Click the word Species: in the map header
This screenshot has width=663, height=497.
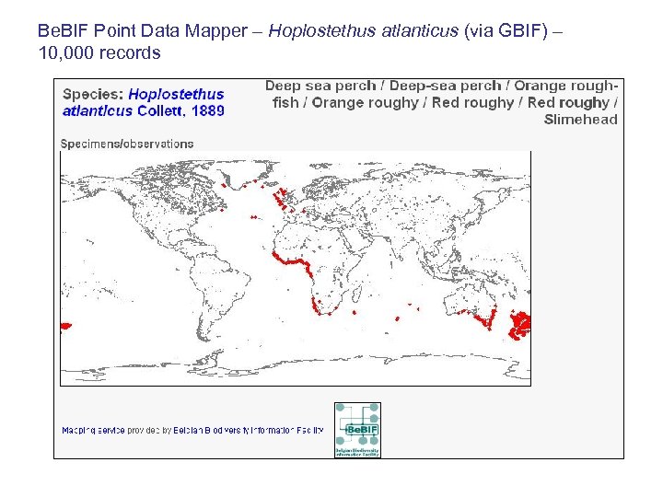[x=92, y=94]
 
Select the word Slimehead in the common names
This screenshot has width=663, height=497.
[x=580, y=120]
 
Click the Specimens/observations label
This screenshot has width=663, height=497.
[x=127, y=144]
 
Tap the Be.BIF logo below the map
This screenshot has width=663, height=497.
[x=357, y=430]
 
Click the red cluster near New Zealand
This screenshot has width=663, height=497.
[x=522, y=323]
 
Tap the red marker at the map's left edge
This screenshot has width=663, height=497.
[x=65, y=326]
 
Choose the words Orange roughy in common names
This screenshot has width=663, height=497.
[x=365, y=102]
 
